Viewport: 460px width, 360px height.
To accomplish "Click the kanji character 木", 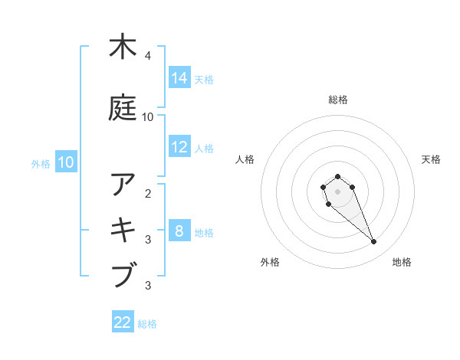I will point(123,47).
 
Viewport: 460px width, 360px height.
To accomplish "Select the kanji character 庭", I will point(123,108).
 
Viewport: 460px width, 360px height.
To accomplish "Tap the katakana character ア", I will point(123,185).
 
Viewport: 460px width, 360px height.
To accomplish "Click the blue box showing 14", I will point(179,78).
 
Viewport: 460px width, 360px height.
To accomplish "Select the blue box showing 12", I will point(179,147).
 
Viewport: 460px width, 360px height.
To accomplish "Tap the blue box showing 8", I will point(179,231).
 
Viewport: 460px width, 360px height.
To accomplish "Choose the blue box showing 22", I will point(123,322).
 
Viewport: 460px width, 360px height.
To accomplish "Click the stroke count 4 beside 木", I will point(148,56).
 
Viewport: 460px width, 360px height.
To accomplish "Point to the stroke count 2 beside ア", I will point(148,193).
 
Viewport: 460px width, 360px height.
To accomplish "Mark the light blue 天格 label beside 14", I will point(204,79).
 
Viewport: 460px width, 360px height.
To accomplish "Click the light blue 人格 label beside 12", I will point(204,148).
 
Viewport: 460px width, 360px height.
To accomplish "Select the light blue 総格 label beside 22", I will point(147,323).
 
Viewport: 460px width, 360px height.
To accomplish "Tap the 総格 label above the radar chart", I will point(338,100).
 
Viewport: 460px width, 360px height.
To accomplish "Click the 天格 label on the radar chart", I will point(431,159).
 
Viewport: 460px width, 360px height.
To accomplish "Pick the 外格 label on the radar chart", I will point(269,262).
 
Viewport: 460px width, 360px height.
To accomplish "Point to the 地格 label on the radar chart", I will point(402,262).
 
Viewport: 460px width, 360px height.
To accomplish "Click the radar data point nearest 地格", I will point(374,242).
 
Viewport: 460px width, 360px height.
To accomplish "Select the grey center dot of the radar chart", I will point(337,191).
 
